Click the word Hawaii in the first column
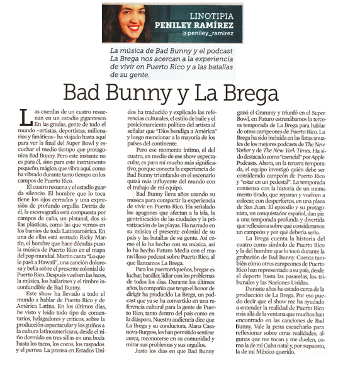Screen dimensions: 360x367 pos(57,246)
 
